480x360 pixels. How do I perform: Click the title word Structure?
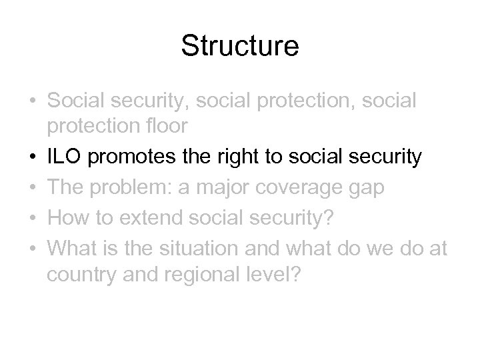click(240, 47)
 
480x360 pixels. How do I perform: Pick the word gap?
click(367, 189)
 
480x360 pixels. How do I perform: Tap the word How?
click(69, 218)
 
